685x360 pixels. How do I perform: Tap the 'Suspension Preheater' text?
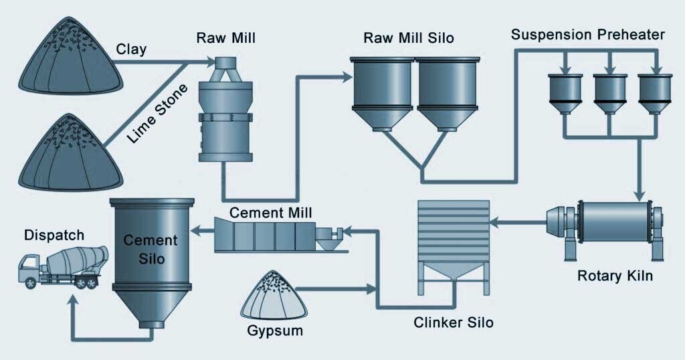tap(588, 35)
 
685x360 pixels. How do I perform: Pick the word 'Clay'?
tap(130, 49)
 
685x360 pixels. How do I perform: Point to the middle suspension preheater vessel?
tap(609, 93)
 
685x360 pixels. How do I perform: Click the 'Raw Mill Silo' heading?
tap(408, 37)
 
